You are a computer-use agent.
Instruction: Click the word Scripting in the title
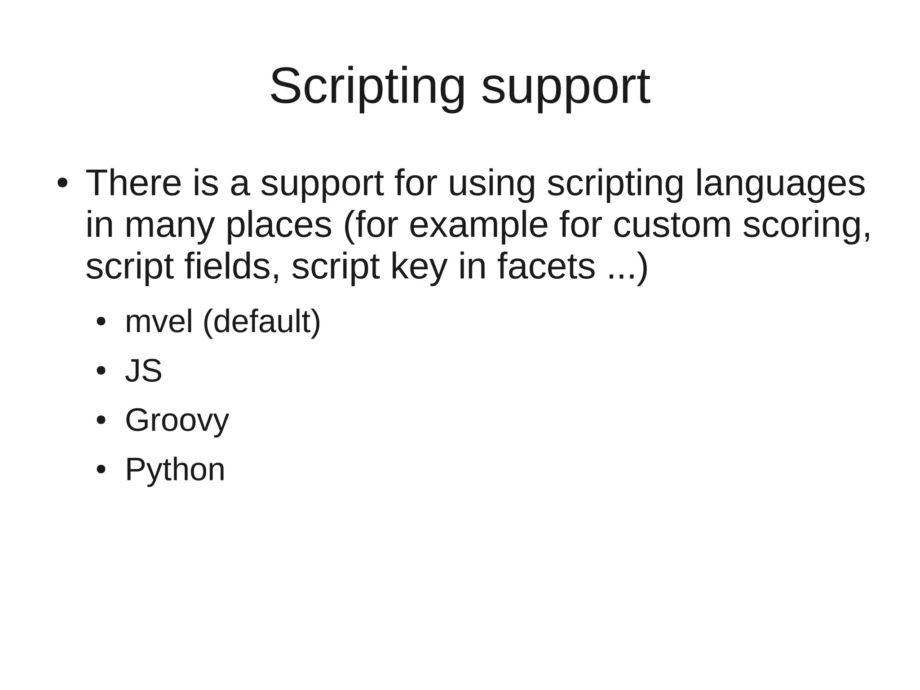pyautogui.click(x=367, y=86)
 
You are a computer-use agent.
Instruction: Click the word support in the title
pyautogui.click(x=566, y=86)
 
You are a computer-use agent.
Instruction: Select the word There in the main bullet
pyautogui.click(x=133, y=183)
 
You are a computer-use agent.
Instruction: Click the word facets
pyautogui.click(x=546, y=266)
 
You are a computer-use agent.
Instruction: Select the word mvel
pyautogui.click(x=159, y=322)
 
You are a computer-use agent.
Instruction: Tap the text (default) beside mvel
pyautogui.click(x=262, y=322)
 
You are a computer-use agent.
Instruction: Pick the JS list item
pyautogui.click(x=143, y=371)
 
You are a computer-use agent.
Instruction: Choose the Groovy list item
pyautogui.click(x=177, y=421)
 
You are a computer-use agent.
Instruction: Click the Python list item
pyautogui.click(x=175, y=470)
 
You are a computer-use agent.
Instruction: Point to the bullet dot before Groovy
pyautogui.click(x=101, y=420)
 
